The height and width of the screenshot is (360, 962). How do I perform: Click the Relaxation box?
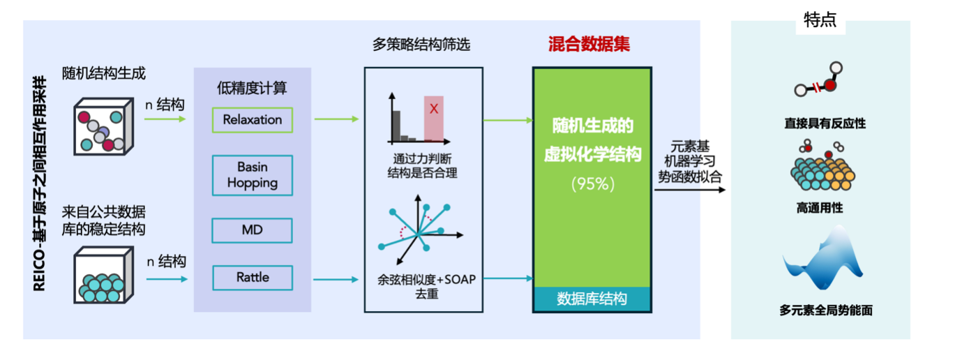pos(253,120)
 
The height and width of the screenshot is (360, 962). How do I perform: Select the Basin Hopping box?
pos(253,175)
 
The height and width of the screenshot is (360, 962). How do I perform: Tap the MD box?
pos(253,230)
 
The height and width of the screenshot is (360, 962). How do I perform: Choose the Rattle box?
pos(253,278)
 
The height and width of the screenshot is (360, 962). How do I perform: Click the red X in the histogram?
pos(434,109)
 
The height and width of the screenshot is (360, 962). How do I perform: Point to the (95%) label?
pos(592,184)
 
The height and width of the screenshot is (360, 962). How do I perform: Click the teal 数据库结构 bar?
pos(592,299)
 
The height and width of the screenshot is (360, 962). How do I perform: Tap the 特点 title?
pos(820,22)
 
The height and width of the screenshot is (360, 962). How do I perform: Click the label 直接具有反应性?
pos(820,123)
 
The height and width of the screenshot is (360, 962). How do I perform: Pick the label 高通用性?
pos(820,208)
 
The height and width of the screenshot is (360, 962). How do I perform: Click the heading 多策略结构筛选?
pos(421,45)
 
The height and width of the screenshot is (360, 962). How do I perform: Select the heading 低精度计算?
pos(252,89)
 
